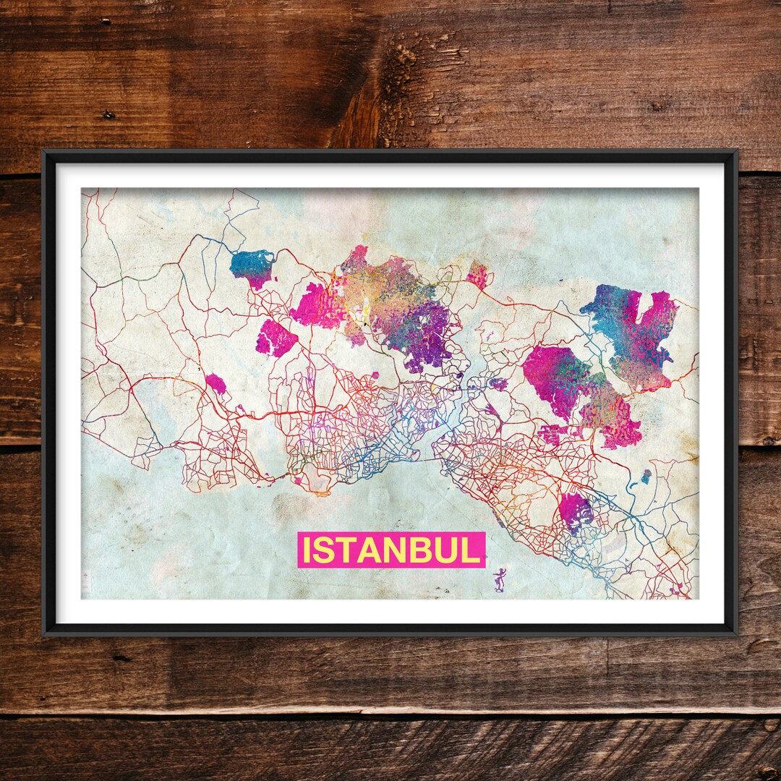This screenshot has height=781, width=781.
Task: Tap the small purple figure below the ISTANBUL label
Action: [x=499, y=579]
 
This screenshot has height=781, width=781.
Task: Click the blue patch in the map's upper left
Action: [x=252, y=265]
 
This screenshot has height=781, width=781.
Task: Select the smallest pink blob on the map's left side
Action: [x=215, y=383]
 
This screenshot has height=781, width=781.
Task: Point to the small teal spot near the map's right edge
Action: [x=646, y=476]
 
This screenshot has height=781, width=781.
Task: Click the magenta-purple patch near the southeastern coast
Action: [x=576, y=511]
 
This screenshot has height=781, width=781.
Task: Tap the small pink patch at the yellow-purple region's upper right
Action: [x=478, y=275]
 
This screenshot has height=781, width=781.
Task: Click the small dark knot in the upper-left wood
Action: [x=108, y=115]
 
